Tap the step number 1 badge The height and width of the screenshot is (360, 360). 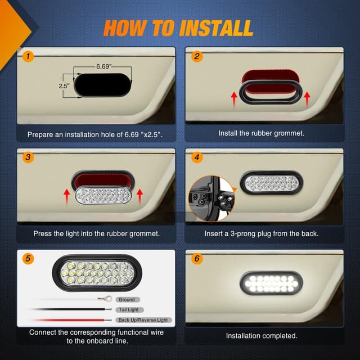click(27, 56)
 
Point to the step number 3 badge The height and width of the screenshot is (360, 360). click(27, 157)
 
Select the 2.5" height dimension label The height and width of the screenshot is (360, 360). click(64, 86)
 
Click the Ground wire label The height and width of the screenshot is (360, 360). click(127, 300)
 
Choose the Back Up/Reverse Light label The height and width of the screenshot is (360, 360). click(143, 320)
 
